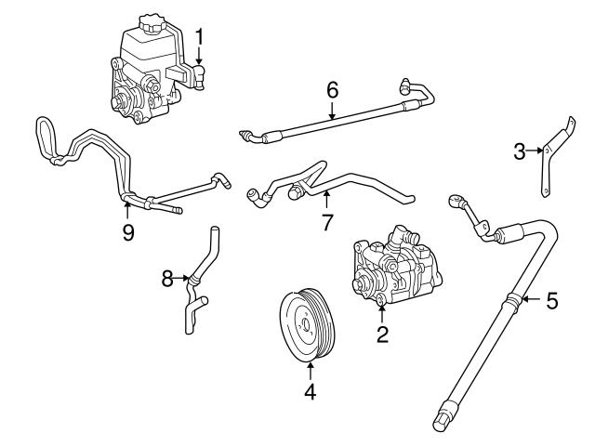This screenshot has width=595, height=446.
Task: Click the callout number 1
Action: [199, 37]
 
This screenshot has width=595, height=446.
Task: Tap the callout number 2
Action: [382, 334]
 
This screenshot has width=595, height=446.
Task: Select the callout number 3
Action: [520, 151]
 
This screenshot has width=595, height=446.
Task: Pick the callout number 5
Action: [552, 300]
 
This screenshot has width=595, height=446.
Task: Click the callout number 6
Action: [333, 90]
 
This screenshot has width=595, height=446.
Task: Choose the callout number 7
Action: [327, 222]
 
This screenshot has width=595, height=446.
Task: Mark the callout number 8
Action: [167, 279]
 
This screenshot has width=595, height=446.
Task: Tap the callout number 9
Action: [128, 232]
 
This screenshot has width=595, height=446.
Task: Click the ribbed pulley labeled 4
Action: [307, 325]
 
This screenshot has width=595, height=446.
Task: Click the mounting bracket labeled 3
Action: [557, 156]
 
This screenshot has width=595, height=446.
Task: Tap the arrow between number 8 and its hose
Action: [181, 279]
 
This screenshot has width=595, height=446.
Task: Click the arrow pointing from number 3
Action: [535, 151]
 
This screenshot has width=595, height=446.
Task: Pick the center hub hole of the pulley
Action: [306, 325]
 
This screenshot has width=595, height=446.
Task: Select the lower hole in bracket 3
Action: [545, 192]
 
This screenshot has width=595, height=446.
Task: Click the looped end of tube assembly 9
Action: [45, 137]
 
